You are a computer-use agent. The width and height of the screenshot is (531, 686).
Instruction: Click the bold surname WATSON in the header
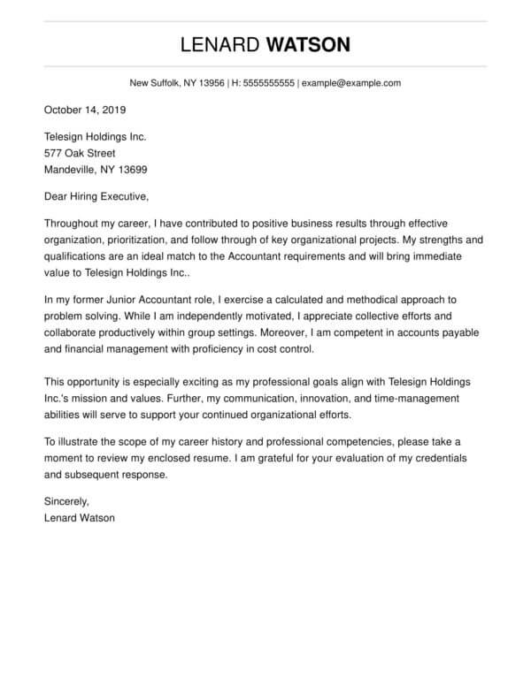coord(308,44)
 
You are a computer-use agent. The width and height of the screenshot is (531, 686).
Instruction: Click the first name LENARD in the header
coord(219,44)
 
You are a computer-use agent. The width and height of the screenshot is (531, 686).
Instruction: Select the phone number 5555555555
coord(270,83)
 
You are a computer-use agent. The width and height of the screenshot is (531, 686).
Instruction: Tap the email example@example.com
coord(351,83)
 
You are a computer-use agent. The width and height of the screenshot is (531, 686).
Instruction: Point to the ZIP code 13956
coord(212,83)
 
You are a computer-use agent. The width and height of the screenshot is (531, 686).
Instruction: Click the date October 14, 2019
coord(85,111)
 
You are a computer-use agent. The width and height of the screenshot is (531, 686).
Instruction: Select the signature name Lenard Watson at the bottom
coord(79,518)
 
